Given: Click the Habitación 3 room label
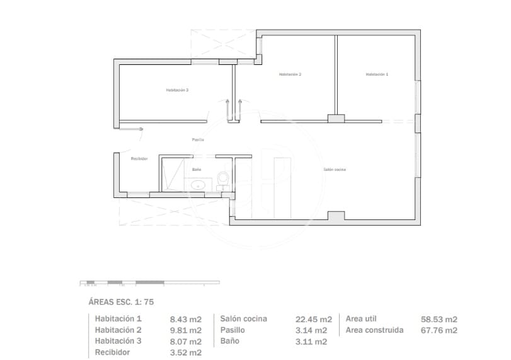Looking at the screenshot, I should [177, 90].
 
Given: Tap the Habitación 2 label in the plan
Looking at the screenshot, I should [290, 74].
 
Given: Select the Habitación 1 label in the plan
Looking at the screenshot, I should [377, 74].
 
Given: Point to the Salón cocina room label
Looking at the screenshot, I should [335, 169].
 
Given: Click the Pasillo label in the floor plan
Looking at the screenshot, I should [198, 139].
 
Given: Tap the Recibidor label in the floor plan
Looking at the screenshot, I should [139, 158].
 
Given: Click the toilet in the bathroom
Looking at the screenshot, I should [221, 179].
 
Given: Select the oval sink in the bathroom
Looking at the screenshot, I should [199, 185].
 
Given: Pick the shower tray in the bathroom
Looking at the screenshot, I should [173, 175].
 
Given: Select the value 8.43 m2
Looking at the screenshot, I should [186, 319].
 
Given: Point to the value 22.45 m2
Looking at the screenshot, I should [313, 319].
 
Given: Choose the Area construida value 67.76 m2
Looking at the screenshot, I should [439, 330].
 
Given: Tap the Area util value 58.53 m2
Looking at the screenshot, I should [439, 319].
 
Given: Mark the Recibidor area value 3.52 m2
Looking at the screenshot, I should [186, 352].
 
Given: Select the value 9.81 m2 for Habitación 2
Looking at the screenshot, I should [186, 330].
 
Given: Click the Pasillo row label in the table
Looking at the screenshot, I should [233, 330].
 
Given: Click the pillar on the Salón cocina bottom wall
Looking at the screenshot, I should [336, 216].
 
